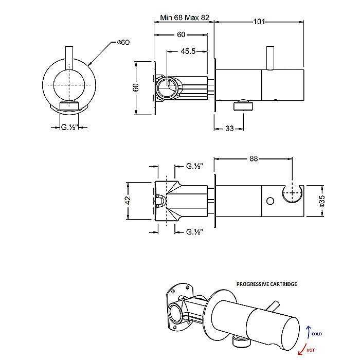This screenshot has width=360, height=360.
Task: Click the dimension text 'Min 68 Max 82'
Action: (x=185, y=17)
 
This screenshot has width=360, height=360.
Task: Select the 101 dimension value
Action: (x=259, y=22)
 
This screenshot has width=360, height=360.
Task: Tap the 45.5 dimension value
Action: (x=188, y=51)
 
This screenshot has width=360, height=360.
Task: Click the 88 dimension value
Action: (x=254, y=159)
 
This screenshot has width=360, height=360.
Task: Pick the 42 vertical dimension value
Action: (x=129, y=200)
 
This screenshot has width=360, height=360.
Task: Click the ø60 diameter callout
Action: (x=122, y=43)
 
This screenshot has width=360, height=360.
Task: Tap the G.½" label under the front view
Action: (x=69, y=128)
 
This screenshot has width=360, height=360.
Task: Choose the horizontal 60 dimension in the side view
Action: (x=181, y=34)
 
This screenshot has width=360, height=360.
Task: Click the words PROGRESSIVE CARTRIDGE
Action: (x=266, y=284)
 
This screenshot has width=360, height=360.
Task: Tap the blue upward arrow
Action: (x=308, y=330)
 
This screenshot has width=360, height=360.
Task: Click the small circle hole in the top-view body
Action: (x=268, y=200)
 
